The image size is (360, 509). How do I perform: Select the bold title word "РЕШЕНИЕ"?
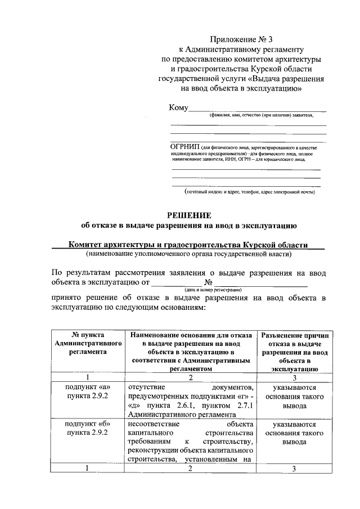(188, 215)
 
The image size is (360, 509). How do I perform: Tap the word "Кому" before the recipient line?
(178, 108)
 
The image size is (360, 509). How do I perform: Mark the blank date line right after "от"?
(178, 282)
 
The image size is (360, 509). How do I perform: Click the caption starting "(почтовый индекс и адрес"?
(250, 192)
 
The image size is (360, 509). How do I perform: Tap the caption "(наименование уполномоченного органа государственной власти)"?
(188, 254)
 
